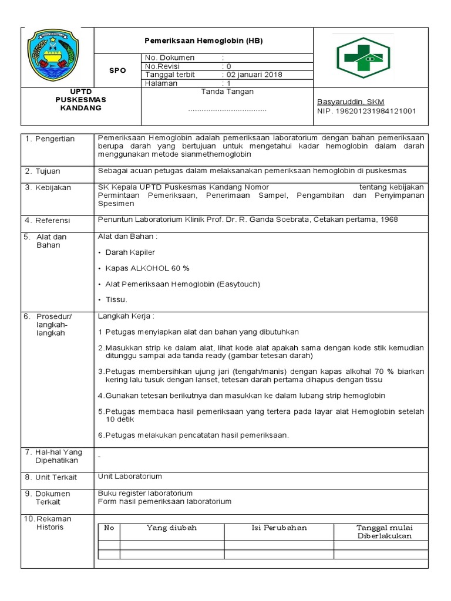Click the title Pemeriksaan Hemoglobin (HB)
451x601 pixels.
pyautogui.click(x=204, y=41)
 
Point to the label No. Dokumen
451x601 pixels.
pyautogui.click(x=170, y=58)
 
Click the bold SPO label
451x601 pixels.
pyautogui.click(x=118, y=70)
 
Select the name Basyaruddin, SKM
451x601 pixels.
pyautogui.click(x=351, y=102)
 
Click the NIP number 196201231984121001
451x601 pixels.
pyautogui.click(x=366, y=111)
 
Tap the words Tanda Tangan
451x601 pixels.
pyautogui.click(x=227, y=92)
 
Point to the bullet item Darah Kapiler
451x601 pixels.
pyautogui.click(x=130, y=252)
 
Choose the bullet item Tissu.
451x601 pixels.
pyautogui.click(x=116, y=299)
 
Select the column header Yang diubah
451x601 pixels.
pyautogui.click(x=171, y=528)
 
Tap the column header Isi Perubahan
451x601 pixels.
pyautogui.click(x=279, y=528)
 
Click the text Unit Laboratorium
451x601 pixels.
pyautogui.click(x=130, y=477)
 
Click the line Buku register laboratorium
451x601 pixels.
pyautogui.click(x=145, y=493)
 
